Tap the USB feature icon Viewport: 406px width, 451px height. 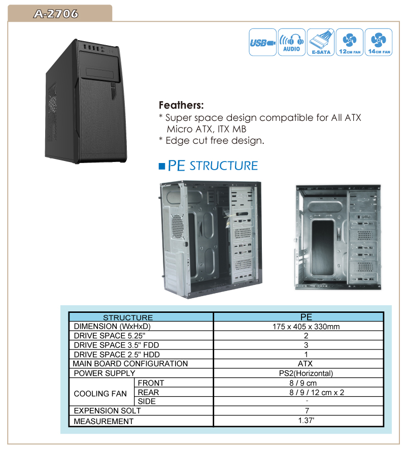pos(262,42)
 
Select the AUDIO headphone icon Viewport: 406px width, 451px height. pos(292,42)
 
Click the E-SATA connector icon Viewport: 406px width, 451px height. pos(321,42)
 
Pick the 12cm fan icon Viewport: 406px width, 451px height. pos(350,42)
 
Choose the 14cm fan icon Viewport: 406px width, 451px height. pos(379,42)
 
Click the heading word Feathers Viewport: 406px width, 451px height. pos(181,105)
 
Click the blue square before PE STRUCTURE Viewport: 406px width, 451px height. pos(162,166)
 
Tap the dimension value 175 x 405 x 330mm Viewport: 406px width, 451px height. pos(306,327)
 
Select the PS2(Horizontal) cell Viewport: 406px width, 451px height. pos(306,373)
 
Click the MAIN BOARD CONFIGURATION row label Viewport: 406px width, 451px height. pos(130,364)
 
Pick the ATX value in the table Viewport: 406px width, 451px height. pos(305,364)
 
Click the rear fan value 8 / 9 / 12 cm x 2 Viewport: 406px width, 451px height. pos(317,392)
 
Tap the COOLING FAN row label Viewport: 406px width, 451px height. pos(100,394)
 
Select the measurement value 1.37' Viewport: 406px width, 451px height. pos(307,420)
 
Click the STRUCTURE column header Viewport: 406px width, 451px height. pos(128,317)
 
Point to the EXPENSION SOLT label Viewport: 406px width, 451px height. pos(107,410)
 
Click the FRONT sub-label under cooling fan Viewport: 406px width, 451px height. pos(151,383)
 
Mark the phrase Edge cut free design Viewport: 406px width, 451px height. pos(215,140)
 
